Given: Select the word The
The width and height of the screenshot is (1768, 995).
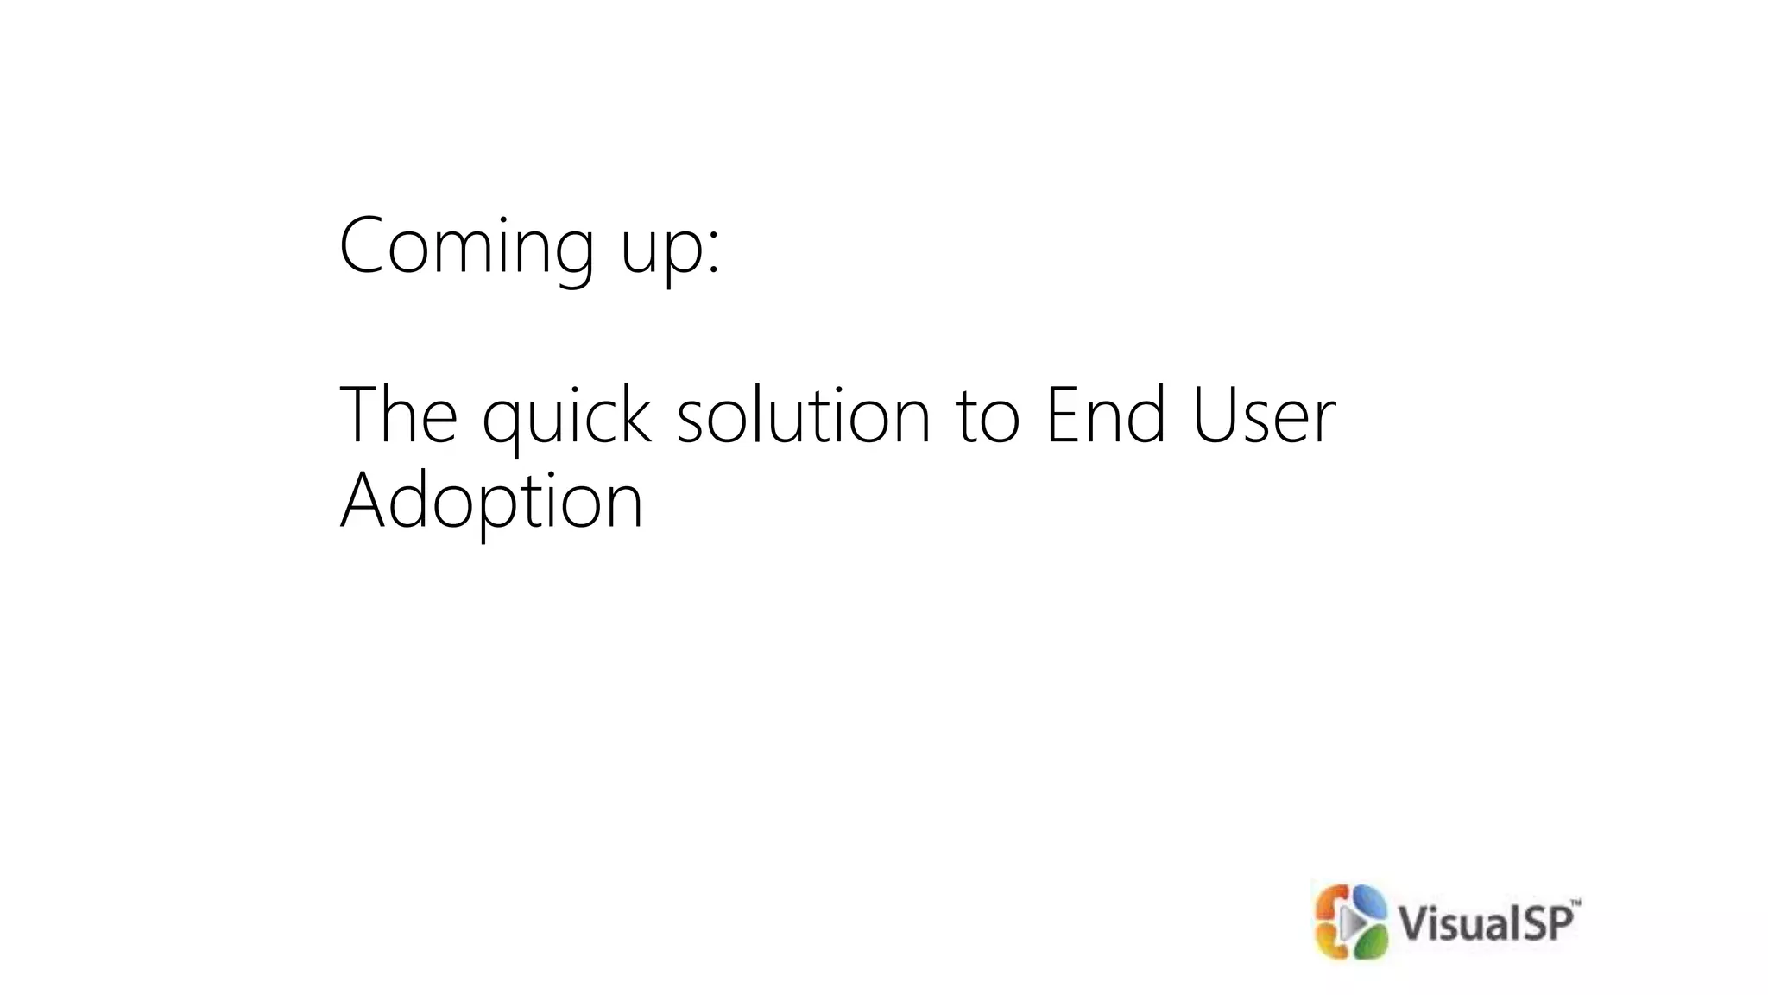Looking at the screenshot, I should [x=398, y=415].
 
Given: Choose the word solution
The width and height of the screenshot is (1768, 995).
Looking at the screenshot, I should [x=803, y=415].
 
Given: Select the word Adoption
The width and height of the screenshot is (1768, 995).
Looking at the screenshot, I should [x=491, y=502].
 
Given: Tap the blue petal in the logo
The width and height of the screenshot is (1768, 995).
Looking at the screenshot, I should [x=1367, y=902].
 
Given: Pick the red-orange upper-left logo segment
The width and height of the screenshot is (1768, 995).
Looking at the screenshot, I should [x=1329, y=903].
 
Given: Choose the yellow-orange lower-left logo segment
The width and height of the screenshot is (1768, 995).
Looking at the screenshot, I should [x=1329, y=942].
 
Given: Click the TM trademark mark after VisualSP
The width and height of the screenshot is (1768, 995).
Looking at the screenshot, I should [x=1575, y=903].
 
